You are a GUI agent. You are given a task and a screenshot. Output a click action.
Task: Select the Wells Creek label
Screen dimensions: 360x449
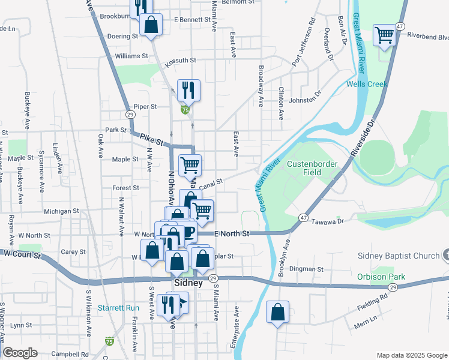tap(367, 84)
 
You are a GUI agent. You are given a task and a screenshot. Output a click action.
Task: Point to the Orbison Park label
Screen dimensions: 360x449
tap(381, 277)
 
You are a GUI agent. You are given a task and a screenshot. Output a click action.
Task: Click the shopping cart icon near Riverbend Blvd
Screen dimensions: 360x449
tap(384, 34)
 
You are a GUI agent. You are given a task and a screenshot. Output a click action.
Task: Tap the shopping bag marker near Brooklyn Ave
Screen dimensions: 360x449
tap(277, 313)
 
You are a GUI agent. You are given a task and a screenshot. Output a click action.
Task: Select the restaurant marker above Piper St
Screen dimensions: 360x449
tap(188, 90)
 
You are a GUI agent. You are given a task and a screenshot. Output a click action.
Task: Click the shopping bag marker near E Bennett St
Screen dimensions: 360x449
tap(151, 25)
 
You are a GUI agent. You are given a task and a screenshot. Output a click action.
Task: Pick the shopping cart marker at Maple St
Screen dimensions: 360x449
tap(190, 164)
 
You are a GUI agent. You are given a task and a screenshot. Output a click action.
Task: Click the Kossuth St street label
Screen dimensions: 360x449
tap(181, 60)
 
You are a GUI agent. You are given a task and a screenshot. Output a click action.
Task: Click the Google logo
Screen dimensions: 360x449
tap(20, 353)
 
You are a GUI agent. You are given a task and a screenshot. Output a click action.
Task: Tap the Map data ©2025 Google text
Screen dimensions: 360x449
tap(411, 355)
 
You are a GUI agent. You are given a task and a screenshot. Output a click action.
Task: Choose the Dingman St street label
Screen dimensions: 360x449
tap(308, 269)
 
